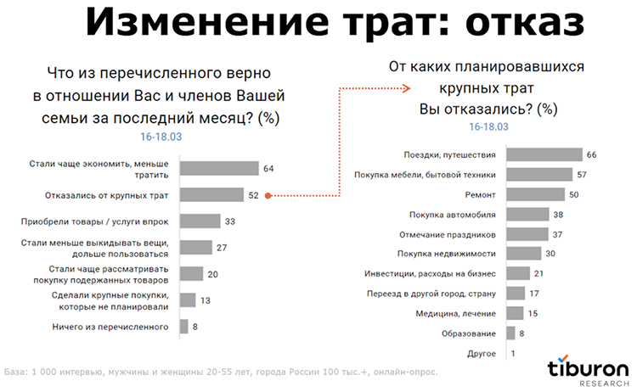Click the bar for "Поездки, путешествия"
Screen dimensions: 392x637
pos(544,154)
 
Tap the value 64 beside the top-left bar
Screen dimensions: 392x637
pos(268,168)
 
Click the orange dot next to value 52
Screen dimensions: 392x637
pos(268,195)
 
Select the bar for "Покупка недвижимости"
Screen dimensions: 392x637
pos(524,253)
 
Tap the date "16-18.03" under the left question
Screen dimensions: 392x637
pos(161,135)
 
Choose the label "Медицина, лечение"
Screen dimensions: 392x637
pos(462,313)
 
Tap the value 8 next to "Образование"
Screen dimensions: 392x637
pos(521,333)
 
